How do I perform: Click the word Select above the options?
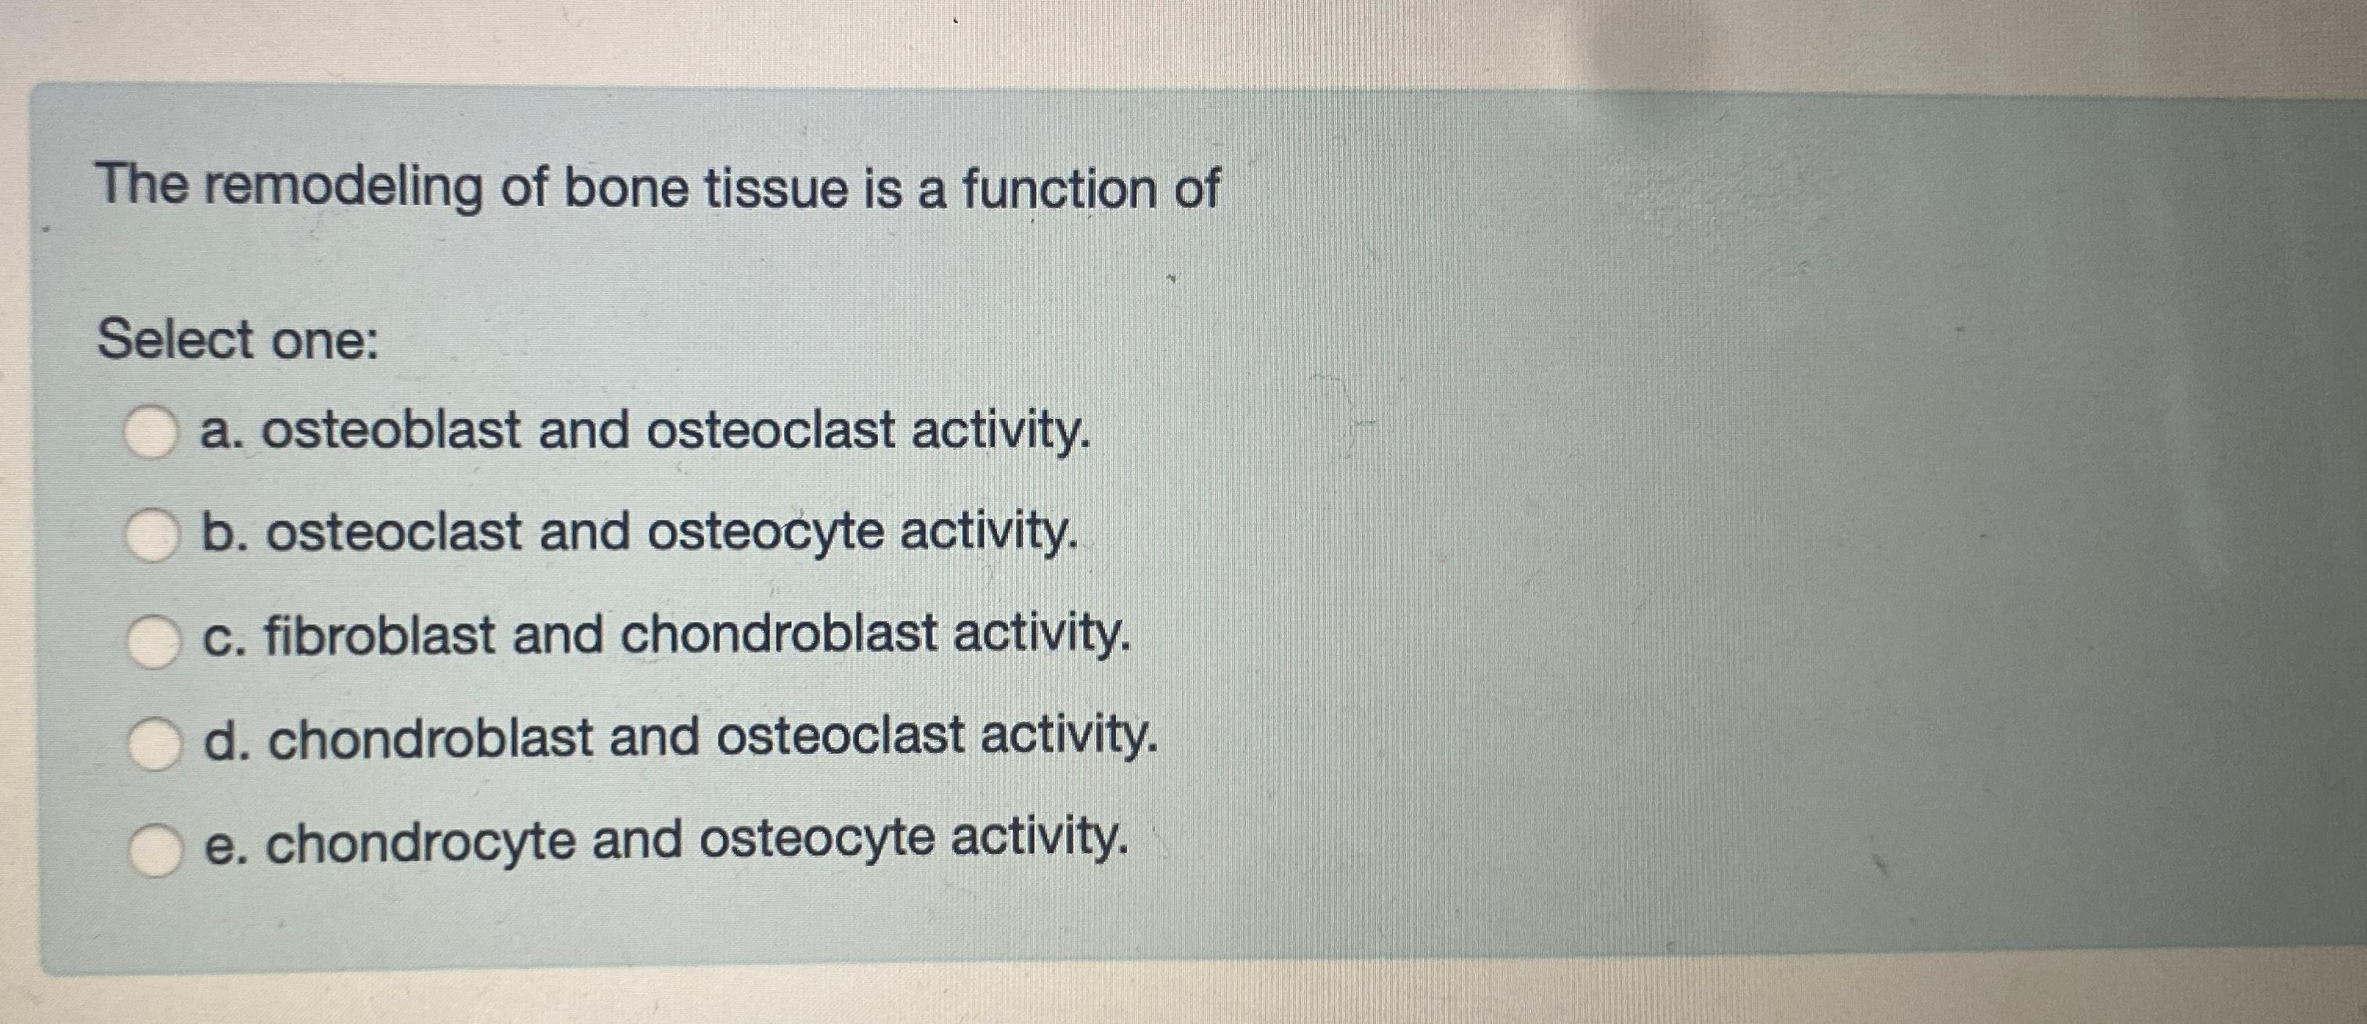coord(175,340)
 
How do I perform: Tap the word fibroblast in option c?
coord(380,636)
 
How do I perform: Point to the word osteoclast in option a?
coord(770,431)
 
